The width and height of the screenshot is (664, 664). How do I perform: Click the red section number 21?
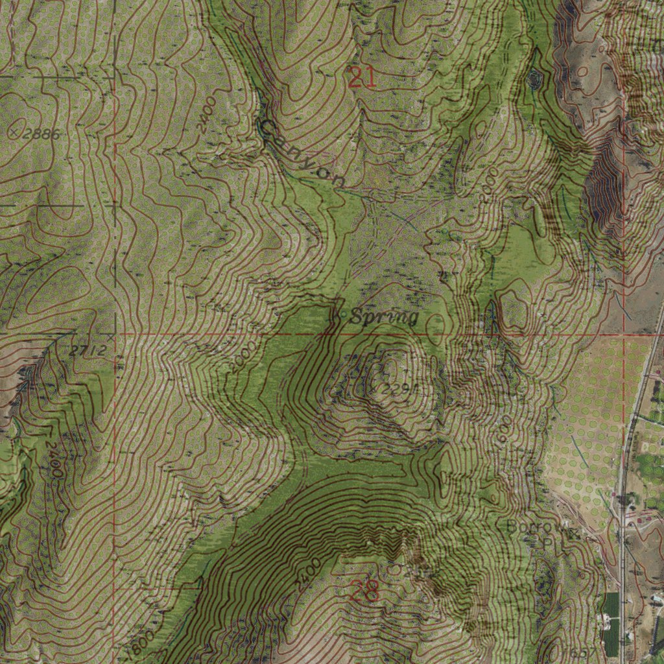pyautogui.click(x=361, y=78)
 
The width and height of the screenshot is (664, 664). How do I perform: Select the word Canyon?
pyautogui.click(x=302, y=154)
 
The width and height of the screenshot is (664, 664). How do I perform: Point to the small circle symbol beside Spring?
pyautogui.click(x=342, y=315)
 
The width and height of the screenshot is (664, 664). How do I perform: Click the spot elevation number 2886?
pyautogui.click(x=41, y=134)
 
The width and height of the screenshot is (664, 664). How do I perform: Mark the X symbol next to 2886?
pyautogui.click(x=15, y=132)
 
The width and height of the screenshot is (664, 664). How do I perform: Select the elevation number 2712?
pyautogui.click(x=87, y=351)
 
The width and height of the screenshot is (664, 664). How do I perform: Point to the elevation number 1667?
pyautogui.click(x=564, y=651)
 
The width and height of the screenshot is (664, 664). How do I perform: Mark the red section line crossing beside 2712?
pyautogui.click(x=113, y=335)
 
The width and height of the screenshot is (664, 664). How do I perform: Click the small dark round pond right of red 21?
pyautogui.click(x=535, y=79)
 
